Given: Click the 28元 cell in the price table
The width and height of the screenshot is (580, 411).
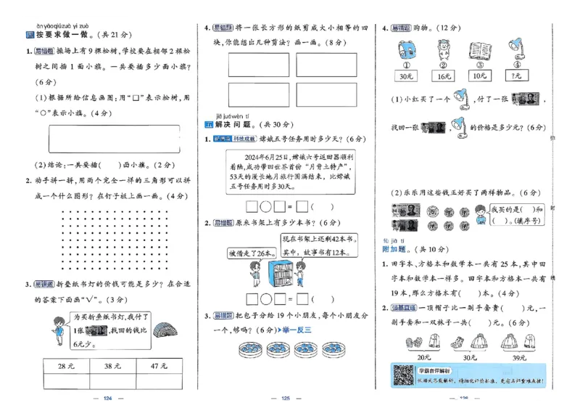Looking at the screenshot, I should pyautogui.click(x=66, y=366).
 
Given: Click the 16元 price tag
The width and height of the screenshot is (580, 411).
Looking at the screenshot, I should pyautogui.click(x=442, y=75).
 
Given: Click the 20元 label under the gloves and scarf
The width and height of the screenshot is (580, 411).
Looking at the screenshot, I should pyautogui.click(x=424, y=357).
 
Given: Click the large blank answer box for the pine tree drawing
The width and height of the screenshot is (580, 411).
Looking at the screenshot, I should pyautogui.click(x=115, y=139).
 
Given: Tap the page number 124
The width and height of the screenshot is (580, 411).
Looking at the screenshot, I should pyautogui.click(x=109, y=399).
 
